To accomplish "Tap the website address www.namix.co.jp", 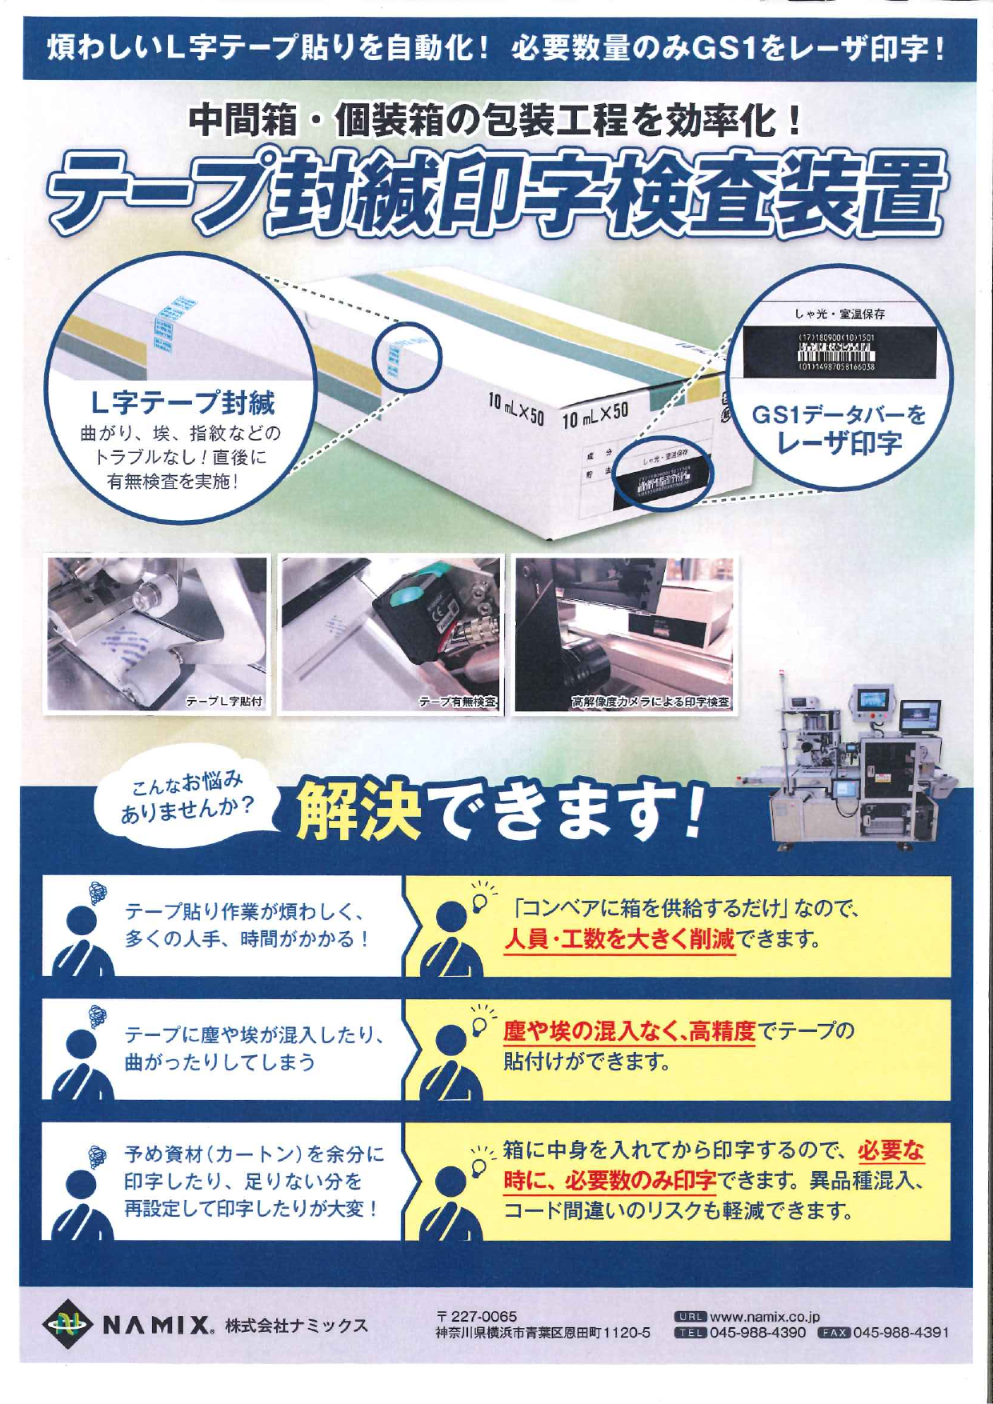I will click(764, 1316).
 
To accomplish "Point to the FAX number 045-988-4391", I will click(900, 1332).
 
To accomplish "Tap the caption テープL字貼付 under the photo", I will click(224, 702).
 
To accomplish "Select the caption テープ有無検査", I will click(458, 702).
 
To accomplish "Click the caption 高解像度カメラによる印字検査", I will click(650, 702).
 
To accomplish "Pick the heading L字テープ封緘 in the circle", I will click(183, 402).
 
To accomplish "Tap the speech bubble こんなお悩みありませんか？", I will click(187, 796).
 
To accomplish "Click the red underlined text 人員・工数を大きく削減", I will click(619, 938).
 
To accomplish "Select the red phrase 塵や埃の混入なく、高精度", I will click(629, 1031).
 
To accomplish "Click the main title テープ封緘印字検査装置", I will click(496, 192).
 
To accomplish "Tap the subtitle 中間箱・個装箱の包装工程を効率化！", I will click(496, 121).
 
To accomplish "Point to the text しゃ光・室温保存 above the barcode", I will click(840, 314).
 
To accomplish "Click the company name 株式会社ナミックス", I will click(296, 1326).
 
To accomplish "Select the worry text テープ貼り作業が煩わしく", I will click(245, 911).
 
